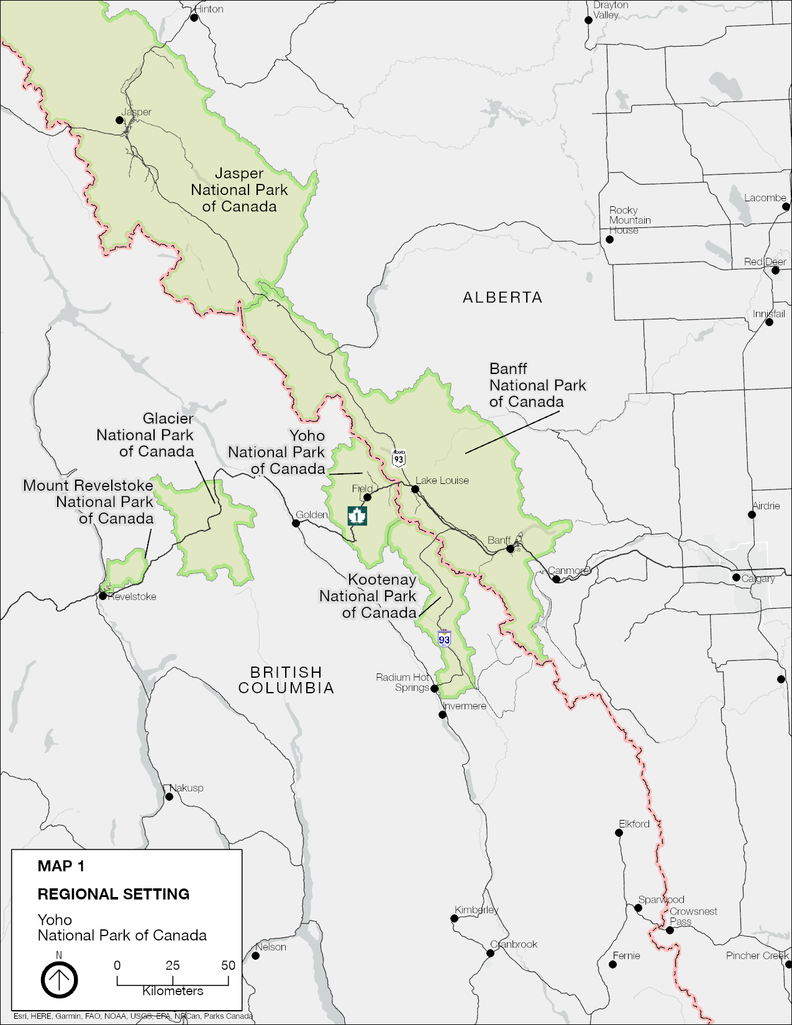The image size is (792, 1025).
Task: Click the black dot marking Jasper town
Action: pyautogui.click(x=120, y=120)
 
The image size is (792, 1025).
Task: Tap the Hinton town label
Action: pyautogui.click(x=209, y=9)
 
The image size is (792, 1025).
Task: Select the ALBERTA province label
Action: pyautogui.click(x=502, y=298)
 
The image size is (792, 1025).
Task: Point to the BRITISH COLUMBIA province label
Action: pyautogui.click(x=286, y=680)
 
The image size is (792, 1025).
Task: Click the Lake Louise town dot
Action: pyautogui.click(x=415, y=489)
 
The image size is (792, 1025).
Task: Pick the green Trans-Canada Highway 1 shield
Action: pyautogui.click(x=357, y=515)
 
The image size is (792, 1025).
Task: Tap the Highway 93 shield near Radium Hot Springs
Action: pyautogui.click(x=444, y=639)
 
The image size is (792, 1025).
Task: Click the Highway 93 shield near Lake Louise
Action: pyautogui.click(x=399, y=458)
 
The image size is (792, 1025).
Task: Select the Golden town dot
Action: pyautogui.click(x=296, y=523)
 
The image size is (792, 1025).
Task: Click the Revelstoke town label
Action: pyautogui.click(x=132, y=596)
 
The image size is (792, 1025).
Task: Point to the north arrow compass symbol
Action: pyautogui.click(x=59, y=980)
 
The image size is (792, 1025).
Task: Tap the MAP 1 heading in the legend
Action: pyautogui.click(x=61, y=866)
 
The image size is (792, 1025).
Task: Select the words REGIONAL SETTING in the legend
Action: pyautogui.click(x=114, y=894)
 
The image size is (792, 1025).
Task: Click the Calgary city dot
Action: pyautogui.click(x=736, y=577)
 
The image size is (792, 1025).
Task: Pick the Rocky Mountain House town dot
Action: pyautogui.click(x=609, y=239)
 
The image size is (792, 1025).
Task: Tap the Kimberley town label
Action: pyautogui.click(x=476, y=910)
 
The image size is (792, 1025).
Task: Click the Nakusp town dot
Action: pyautogui.click(x=169, y=796)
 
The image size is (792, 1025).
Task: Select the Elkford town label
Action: pyautogui.click(x=634, y=824)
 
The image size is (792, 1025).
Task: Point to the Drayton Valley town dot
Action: pyautogui.click(x=588, y=20)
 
